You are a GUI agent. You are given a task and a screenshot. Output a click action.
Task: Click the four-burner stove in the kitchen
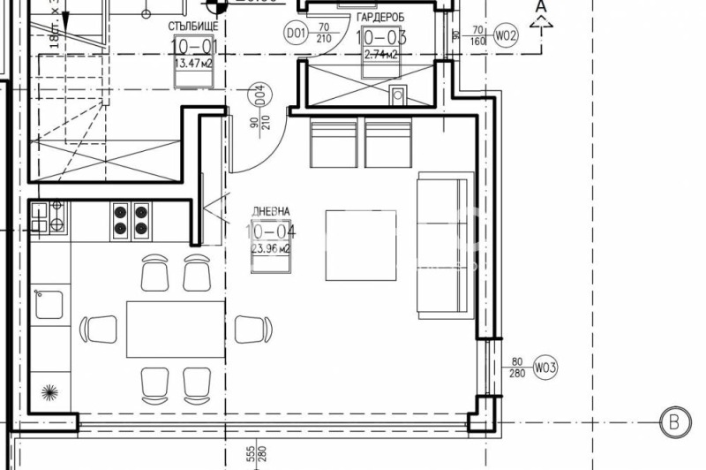tap(131, 221)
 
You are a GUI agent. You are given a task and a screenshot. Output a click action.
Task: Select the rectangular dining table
tap(175, 329)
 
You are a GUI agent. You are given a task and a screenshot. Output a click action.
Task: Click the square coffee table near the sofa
tap(360, 246)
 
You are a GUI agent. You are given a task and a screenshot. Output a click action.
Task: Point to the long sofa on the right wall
tap(445, 245)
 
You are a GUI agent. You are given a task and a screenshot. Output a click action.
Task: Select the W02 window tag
tap(506, 35)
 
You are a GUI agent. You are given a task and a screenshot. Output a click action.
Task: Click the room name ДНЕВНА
tap(271, 213)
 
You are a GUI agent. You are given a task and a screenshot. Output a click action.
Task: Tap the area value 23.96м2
tap(272, 249)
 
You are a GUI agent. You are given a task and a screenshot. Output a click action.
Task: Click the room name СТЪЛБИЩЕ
tap(193, 27)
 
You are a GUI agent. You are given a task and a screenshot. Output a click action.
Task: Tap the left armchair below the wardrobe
tap(334, 144)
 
